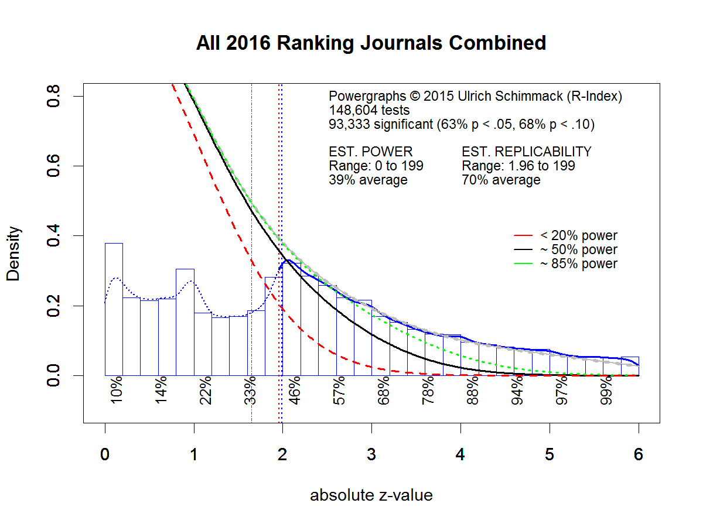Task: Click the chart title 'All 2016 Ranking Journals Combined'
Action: pyautogui.click(x=371, y=43)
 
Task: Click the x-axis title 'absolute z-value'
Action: pyautogui.click(x=371, y=495)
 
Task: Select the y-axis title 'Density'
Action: pyautogui.click(x=14, y=254)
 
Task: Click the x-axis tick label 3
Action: pyautogui.click(x=371, y=455)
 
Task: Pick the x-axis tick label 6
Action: pyautogui.click(x=638, y=455)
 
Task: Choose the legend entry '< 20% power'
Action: pyautogui.click(x=578, y=236)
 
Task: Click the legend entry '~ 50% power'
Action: pyautogui.click(x=578, y=250)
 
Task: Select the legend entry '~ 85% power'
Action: pyautogui.click(x=578, y=264)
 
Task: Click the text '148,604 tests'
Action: pyautogui.click(x=369, y=110)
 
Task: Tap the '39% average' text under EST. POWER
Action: pyautogui.click(x=368, y=180)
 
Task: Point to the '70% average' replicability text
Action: pyautogui.click(x=501, y=180)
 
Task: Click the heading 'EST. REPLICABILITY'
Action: pyautogui.click(x=527, y=152)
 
